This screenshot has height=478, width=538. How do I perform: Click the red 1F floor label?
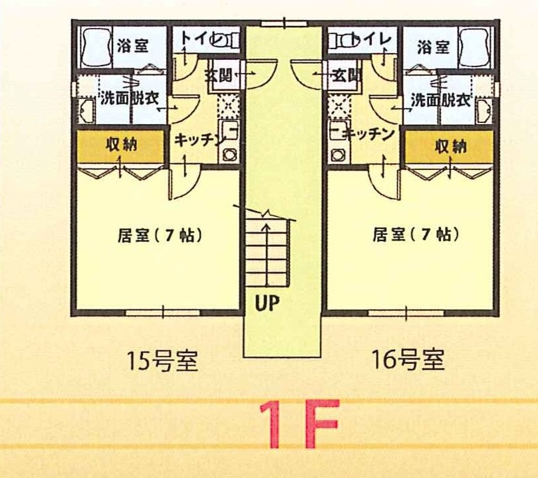click(299, 424)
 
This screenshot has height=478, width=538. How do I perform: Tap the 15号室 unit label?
click(163, 361)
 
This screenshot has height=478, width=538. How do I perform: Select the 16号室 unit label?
click(408, 360)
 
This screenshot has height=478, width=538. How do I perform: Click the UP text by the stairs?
click(267, 303)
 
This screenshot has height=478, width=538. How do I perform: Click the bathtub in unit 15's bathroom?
click(96, 46)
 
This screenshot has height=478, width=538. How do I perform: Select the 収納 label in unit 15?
click(122, 144)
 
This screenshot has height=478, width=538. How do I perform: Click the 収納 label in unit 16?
click(450, 147)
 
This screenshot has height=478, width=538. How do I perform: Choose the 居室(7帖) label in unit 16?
click(416, 234)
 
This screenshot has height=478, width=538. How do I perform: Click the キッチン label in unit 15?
click(199, 139)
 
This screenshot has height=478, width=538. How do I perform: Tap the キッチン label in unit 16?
click(369, 134)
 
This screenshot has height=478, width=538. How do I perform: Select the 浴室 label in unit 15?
click(133, 46)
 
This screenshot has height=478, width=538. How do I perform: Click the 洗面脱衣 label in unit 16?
click(440, 100)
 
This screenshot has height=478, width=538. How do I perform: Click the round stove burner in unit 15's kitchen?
click(229, 155)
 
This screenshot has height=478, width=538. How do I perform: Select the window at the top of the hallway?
click(284, 24)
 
